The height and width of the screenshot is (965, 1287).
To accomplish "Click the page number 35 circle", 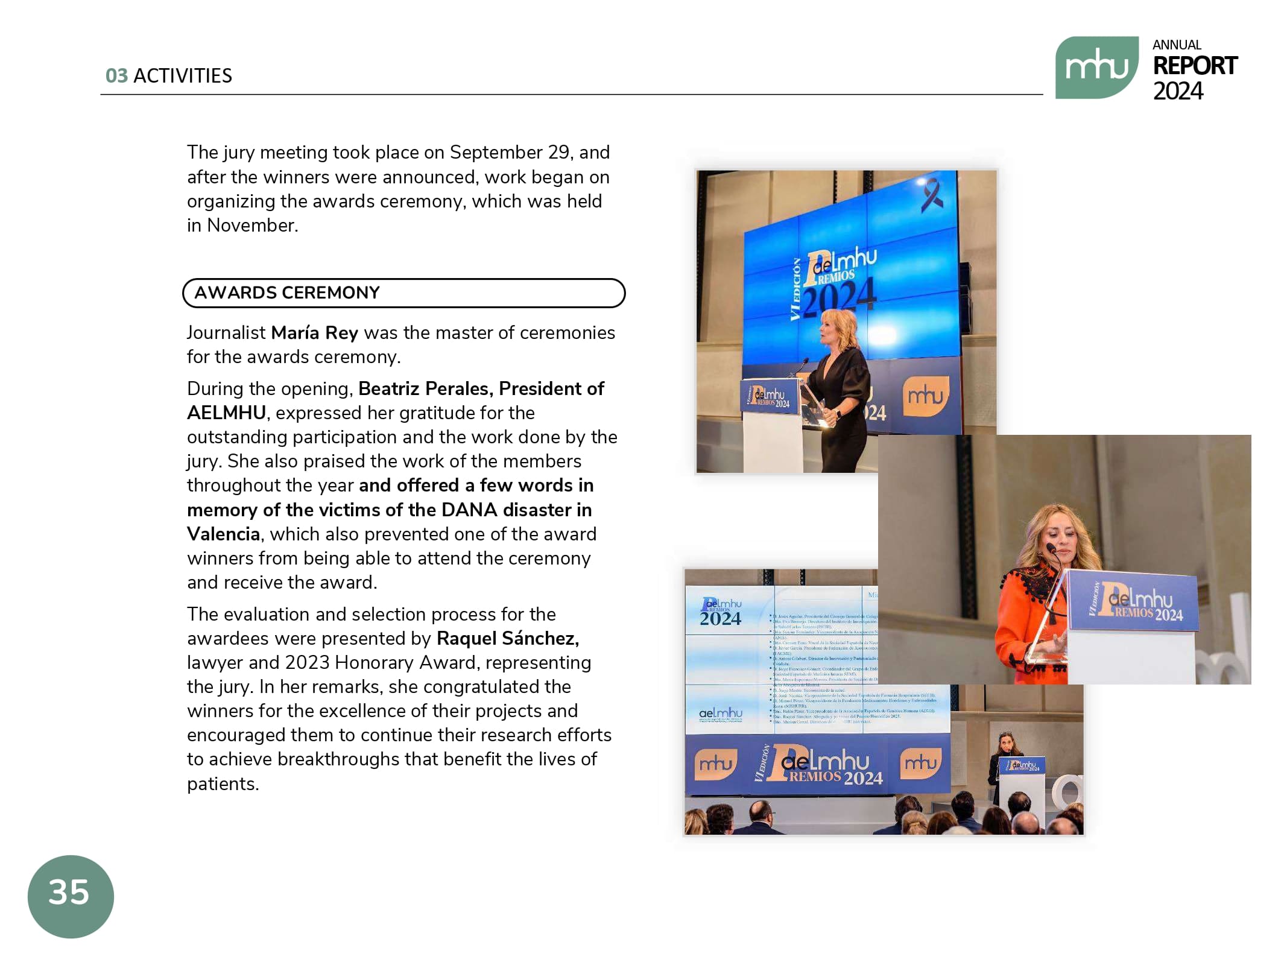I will point(71,895).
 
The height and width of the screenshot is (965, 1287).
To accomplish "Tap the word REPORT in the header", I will point(1194,66).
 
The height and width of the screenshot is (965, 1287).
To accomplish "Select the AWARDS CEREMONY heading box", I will point(403,293).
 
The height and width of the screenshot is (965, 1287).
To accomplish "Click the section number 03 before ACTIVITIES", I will point(116,76).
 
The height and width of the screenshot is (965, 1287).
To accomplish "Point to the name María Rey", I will point(314,333).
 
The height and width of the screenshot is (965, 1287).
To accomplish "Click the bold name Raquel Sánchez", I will point(507,638).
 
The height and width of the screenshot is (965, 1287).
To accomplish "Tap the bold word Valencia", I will point(223,534).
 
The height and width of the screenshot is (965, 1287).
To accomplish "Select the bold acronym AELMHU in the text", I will point(226,413).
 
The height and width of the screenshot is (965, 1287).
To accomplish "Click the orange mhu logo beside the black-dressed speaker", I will point(925,396).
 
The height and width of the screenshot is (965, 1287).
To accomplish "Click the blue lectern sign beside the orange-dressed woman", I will point(1133,602).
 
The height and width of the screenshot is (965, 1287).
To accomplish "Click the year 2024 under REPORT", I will point(1177,91).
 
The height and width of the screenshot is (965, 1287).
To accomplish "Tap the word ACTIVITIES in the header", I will point(182,76).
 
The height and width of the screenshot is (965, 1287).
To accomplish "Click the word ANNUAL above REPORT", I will point(1176,45).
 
